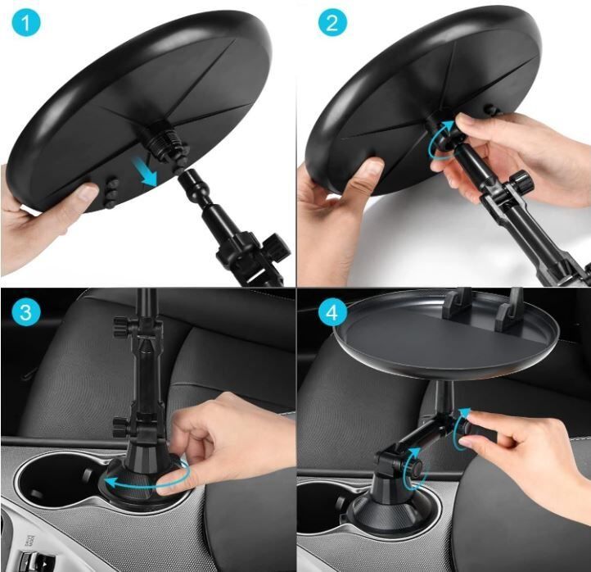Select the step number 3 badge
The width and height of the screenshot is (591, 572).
pos(25,312)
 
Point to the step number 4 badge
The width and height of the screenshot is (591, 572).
pos(332,312)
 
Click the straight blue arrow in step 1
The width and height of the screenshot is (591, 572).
pos(144,171)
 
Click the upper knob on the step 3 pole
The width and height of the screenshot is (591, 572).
pos(121,326)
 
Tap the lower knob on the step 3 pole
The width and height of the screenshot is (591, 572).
pos(121,426)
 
